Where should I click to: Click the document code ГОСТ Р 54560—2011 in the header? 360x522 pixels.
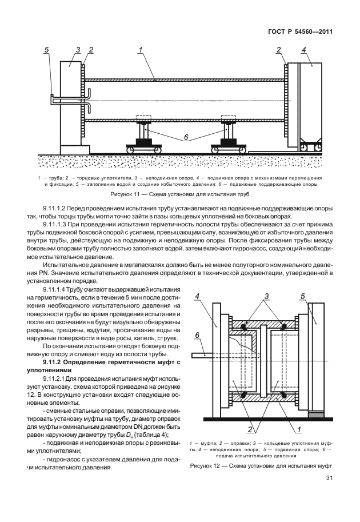point(301,31)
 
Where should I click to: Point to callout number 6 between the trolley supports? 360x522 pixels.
point(185,138)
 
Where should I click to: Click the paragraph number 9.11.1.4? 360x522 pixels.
point(59,291)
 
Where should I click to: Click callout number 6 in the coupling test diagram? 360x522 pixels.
point(197,335)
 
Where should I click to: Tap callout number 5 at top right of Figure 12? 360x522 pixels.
point(302,296)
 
